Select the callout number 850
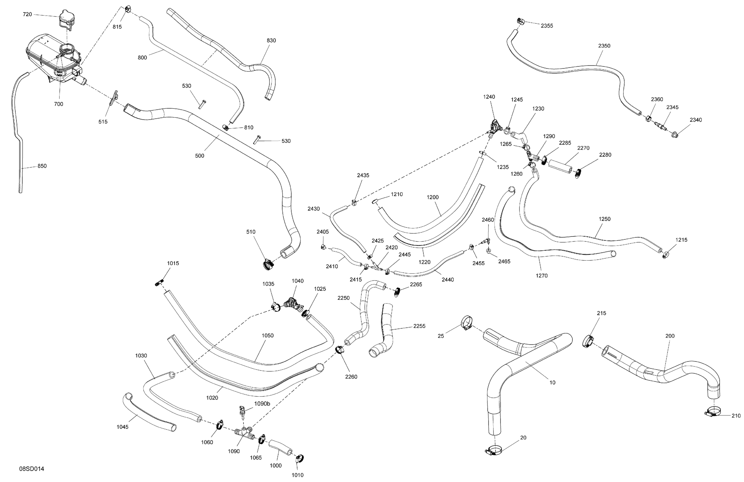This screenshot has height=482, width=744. pyautogui.click(x=42, y=166)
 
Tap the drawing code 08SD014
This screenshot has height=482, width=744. pyautogui.click(x=31, y=469)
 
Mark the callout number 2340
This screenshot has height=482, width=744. pyautogui.click(x=695, y=120)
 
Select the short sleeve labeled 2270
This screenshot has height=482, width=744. pyautogui.click(x=561, y=166)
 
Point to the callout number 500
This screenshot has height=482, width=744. pyautogui.click(x=199, y=156)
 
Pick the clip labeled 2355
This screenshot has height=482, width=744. pyautogui.click(x=520, y=21)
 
